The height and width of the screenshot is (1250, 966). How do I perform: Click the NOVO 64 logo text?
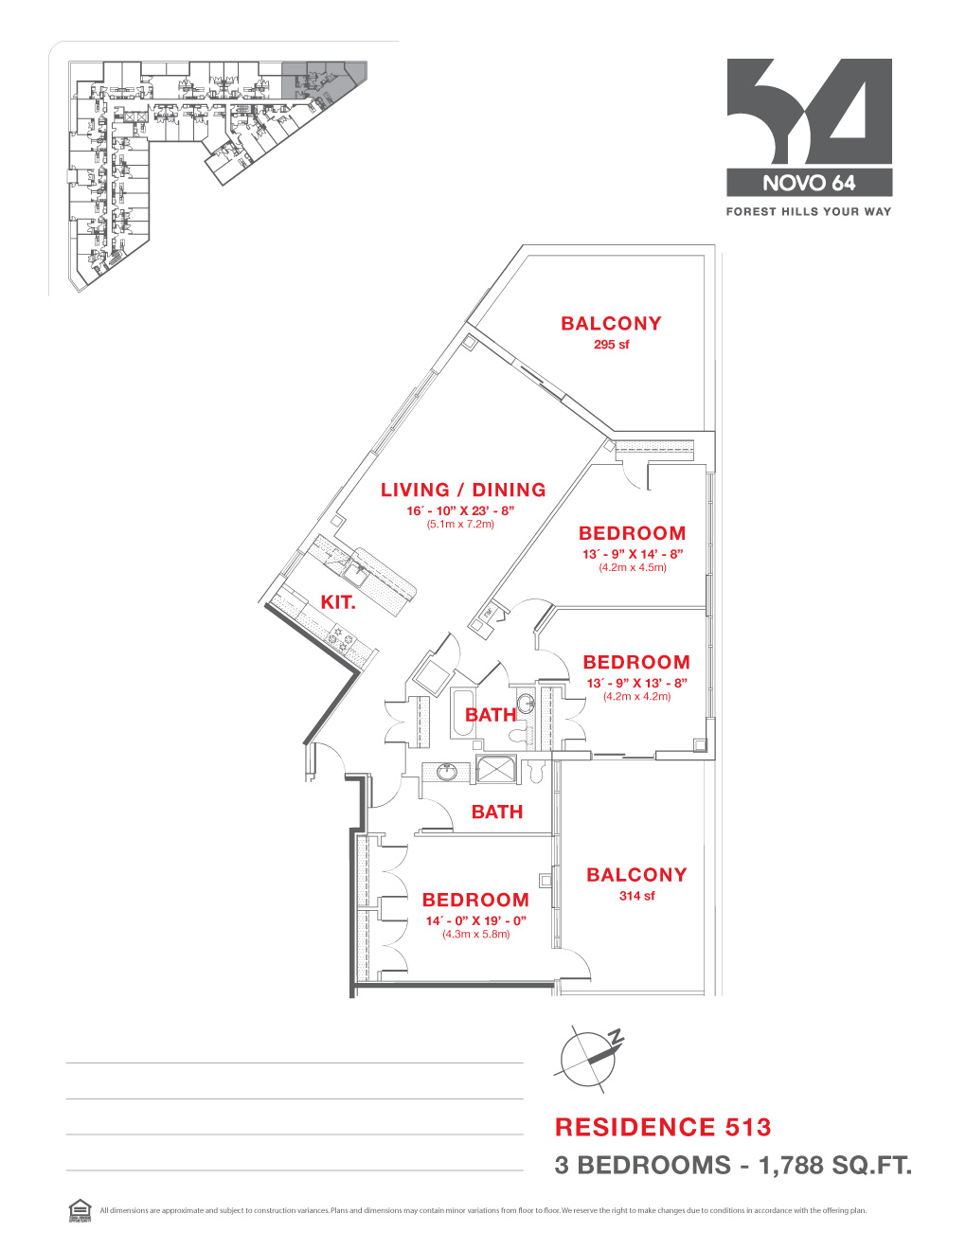tap(809, 183)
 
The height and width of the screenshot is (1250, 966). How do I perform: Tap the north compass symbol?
tap(589, 1056)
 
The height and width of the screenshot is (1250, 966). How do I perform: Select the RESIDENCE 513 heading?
tap(663, 1127)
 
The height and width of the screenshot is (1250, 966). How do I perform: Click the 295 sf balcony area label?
tap(611, 345)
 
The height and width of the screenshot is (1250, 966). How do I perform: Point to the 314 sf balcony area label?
tap(636, 896)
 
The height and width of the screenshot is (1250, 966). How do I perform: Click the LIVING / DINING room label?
tap(463, 490)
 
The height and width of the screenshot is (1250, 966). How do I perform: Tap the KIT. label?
tap(337, 602)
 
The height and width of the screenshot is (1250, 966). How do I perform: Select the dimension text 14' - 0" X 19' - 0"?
tap(475, 920)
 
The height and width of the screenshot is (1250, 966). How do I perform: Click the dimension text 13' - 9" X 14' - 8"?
tap(632, 554)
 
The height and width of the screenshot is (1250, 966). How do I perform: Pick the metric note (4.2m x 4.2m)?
tap(636, 696)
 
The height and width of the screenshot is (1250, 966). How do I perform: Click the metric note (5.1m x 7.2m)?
tap(460, 524)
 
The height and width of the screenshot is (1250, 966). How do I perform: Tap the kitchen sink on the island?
tap(358, 571)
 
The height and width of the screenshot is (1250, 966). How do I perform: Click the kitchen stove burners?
tap(341, 635)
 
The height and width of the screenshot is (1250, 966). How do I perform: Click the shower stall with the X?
tap(496, 769)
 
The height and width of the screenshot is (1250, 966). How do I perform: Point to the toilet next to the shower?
tap(536, 772)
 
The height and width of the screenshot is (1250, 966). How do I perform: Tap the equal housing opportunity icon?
tap(80, 1210)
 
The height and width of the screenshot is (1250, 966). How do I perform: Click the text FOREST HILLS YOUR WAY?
tap(809, 212)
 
